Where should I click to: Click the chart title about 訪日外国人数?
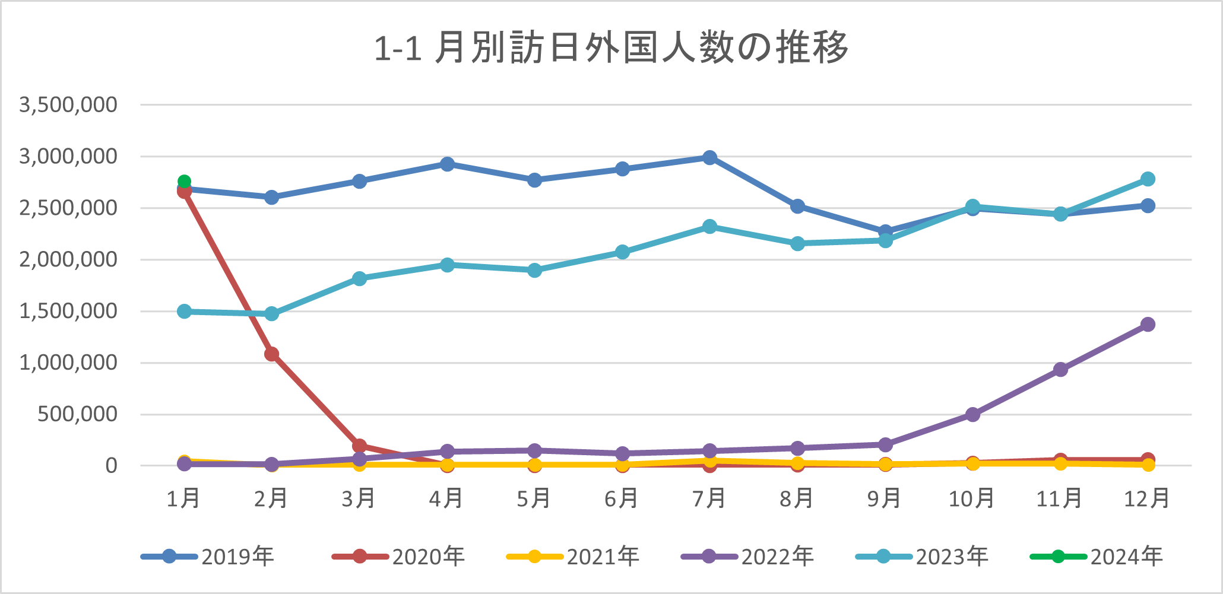coord(611,47)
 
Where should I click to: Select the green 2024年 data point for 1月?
coord(184,181)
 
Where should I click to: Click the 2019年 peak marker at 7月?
coord(709,157)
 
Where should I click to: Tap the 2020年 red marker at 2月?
coord(272,354)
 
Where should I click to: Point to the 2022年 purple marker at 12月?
coord(1148,324)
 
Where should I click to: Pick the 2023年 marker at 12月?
coord(1148,179)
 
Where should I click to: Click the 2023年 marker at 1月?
coord(184,311)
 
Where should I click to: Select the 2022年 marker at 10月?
coord(972,414)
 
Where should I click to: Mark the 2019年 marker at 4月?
coord(447,164)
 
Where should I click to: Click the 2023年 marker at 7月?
coord(709,226)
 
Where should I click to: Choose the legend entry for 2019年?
coord(208,557)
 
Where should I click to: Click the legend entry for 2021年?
coord(574,557)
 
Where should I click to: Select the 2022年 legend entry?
coord(748,557)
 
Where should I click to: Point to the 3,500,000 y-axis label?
coord(68,104)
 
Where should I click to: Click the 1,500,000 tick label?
coord(68,311)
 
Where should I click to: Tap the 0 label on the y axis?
coord(111,466)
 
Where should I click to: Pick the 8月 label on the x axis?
coord(797,498)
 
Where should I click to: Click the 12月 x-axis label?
coord(1147,498)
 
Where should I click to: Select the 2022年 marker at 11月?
coord(1060,369)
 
